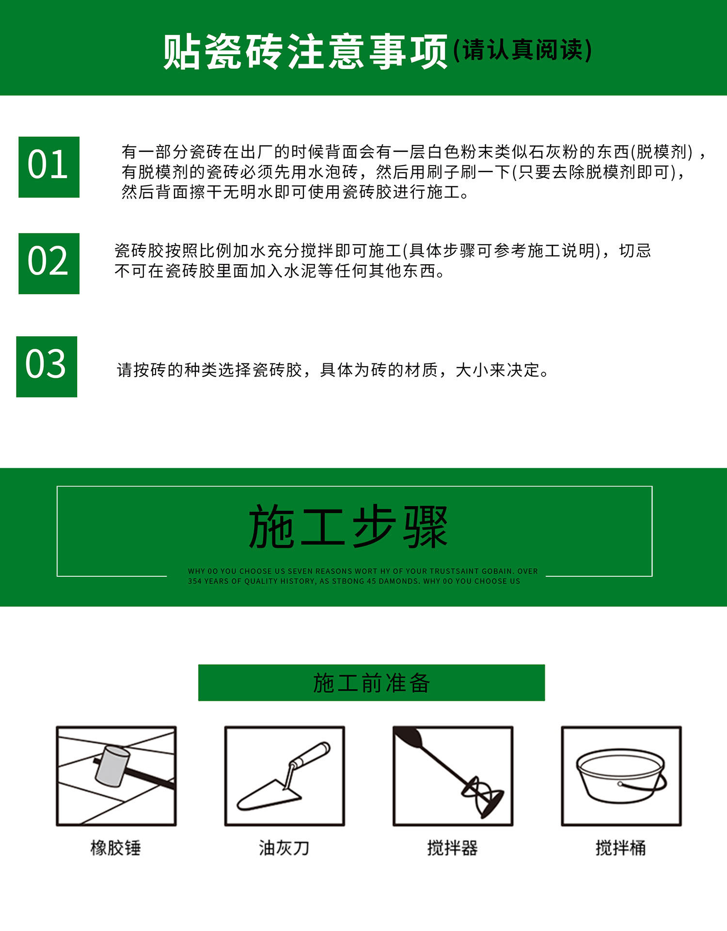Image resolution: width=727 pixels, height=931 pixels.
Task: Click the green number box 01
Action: coord(48,167)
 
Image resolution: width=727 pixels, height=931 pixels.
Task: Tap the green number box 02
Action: coord(48,263)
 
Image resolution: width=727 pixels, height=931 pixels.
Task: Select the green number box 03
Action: coord(47,367)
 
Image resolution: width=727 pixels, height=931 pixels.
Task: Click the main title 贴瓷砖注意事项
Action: coord(305,51)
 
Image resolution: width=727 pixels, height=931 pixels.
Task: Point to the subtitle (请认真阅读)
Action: coord(522,50)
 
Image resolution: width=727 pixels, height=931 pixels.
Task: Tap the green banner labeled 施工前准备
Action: coord(371,683)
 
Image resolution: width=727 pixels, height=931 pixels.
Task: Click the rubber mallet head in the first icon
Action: coord(112,766)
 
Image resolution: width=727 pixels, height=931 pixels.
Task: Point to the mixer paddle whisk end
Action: coord(482,797)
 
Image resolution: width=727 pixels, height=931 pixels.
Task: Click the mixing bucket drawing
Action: coord(621,776)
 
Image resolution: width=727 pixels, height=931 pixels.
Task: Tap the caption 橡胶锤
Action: coord(115,848)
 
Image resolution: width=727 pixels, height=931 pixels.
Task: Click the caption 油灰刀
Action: coord(284,848)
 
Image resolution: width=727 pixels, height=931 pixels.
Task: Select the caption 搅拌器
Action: coord(452,848)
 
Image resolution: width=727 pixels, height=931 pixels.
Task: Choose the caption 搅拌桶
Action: coord(621,848)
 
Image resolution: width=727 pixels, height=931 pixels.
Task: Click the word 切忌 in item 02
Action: coord(635,251)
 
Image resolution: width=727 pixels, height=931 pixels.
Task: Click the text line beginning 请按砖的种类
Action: coord(332,370)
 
